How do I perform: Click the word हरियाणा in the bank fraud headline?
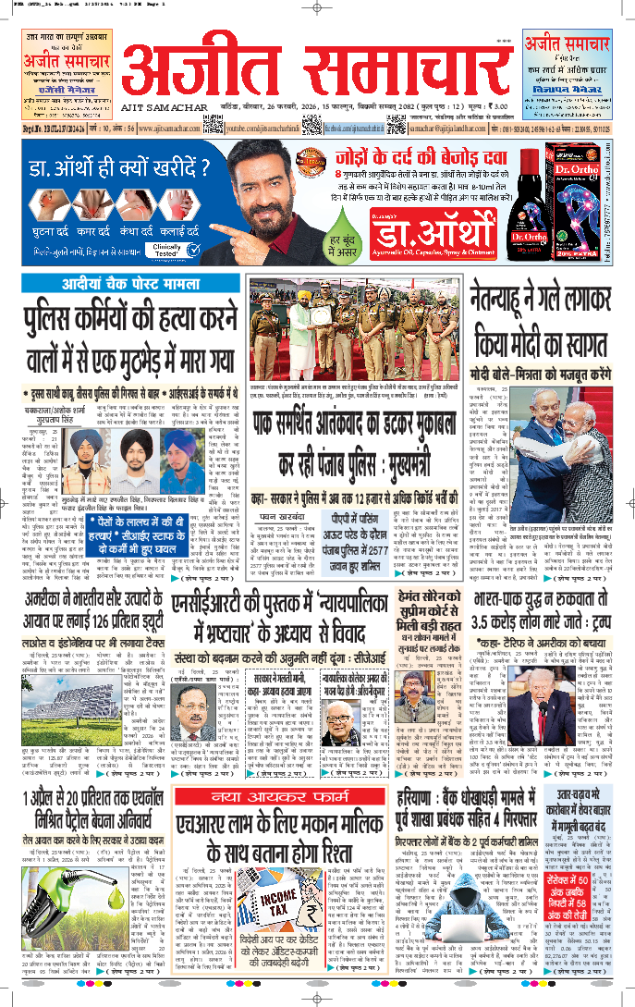[434, 801]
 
